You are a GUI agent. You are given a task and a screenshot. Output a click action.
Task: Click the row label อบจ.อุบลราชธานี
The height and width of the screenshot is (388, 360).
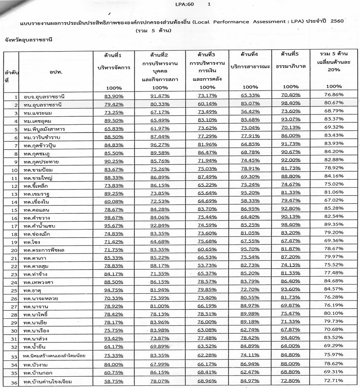pyautogui.click(x=42, y=97)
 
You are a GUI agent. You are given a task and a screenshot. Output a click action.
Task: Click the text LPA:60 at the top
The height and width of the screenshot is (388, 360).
pyautogui.click(x=185, y=5)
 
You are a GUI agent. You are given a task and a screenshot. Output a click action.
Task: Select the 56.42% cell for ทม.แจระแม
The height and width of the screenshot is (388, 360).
pyautogui.click(x=250, y=112)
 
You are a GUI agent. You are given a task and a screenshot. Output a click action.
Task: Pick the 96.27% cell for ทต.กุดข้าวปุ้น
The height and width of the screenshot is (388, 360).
pyautogui.click(x=159, y=144)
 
